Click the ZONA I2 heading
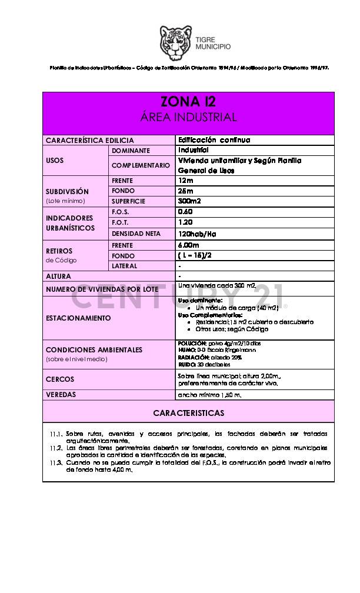pos(188,102)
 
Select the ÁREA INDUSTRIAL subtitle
pos(188,117)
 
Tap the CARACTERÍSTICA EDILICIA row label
pos(90,141)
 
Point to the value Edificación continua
pos(214,140)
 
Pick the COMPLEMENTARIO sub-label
pos(141,166)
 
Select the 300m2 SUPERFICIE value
pos(189,201)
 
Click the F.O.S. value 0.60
pos(186,212)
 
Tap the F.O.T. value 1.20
pos(186,222)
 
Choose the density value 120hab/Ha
pos(197,234)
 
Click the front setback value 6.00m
pos(188,245)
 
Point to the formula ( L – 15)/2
pos(194,255)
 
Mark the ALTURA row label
pos(59,276)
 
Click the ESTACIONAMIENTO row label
pos(78,318)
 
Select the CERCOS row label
pos(60,379)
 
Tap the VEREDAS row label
pos(61,395)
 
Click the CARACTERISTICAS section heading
pos(188,413)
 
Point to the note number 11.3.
pos(56,462)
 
